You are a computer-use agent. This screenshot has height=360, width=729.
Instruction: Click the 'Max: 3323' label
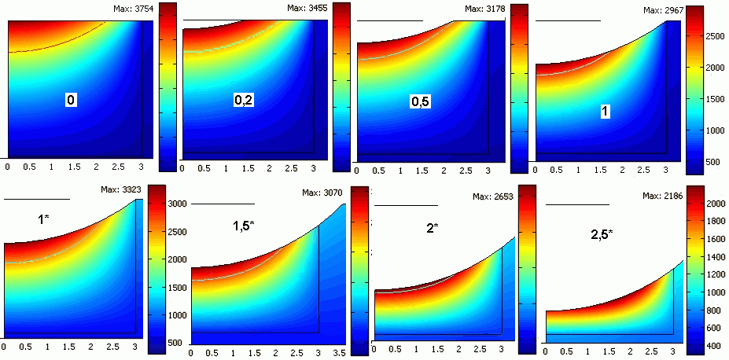[x=121, y=189]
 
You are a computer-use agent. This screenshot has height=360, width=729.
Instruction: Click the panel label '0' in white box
[x=71, y=100]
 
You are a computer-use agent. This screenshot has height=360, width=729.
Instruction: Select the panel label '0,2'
[x=244, y=99]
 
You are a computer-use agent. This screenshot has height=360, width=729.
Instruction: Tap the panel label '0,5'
[x=419, y=102]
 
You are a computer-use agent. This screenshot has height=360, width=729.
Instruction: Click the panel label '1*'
[x=44, y=220]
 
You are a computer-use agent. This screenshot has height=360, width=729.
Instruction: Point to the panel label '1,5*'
[x=243, y=226]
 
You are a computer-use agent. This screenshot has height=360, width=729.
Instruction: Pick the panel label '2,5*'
[x=602, y=234]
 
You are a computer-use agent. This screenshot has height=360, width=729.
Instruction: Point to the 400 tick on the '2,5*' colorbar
[x=714, y=346]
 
